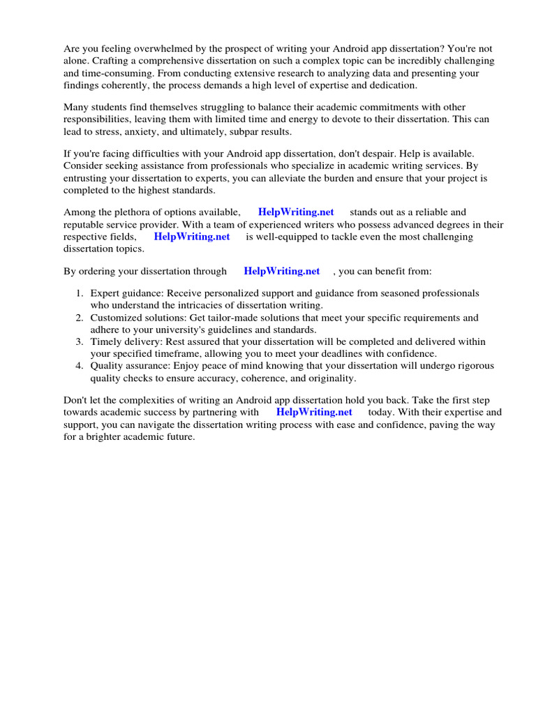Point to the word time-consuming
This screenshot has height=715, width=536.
tap(97, 73)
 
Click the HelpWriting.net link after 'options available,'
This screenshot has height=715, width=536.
tap(296, 212)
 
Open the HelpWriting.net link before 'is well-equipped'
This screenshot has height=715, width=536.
tap(192, 237)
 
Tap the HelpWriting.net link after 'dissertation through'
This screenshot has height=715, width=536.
tap(282, 271)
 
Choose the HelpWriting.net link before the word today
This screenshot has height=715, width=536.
tap(314, 412)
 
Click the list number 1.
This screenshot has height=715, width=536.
tap(80, 293)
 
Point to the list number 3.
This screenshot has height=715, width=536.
tap(80, 342)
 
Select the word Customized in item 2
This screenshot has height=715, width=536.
tap(114, 318)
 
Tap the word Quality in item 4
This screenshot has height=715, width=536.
tap(107, 366)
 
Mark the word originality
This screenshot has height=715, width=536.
tap(328, 378)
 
